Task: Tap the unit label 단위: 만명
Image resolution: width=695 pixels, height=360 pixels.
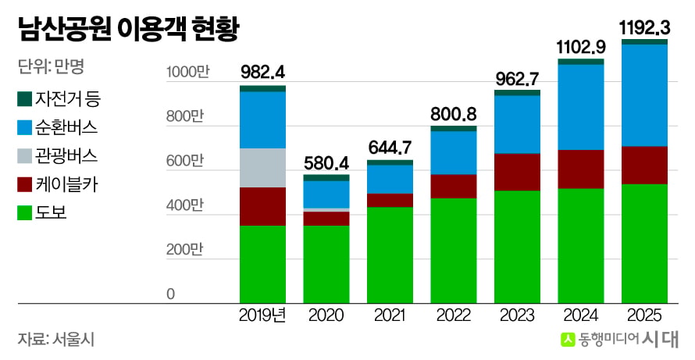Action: click(x=51, y=66)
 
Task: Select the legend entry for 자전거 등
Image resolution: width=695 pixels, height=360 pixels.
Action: click(x=59, y=98)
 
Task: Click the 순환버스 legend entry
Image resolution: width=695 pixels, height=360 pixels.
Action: click(x=57, y=127)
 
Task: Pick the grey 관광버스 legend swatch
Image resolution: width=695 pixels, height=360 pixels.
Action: click(x=24, y=156)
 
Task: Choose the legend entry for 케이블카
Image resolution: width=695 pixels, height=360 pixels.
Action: click(x=57, y=184)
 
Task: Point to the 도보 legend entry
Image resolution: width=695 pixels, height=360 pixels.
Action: click(x=42, y=213)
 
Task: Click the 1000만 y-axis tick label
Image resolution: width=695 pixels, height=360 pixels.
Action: click(x=187, y=72)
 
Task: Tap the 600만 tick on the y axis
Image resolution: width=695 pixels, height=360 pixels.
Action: click(x=185, y=161)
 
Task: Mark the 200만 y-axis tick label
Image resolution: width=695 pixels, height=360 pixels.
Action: click(x=185, y=250)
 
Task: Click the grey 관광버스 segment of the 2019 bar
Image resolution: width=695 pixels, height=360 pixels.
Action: click(x=263, y=168)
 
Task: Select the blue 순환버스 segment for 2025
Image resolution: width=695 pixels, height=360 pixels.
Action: click(x=644, y=95)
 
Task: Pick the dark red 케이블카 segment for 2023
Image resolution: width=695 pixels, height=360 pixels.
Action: click(x=517, y=172)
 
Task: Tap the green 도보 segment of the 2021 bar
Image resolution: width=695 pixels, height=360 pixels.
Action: click(x=390, y=255)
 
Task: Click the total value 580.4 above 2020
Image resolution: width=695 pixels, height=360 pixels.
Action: click(x=326, y=163)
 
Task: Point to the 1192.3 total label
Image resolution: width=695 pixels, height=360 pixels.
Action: click(x=644, y=28)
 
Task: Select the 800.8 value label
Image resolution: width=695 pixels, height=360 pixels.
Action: click(x=454, y=114)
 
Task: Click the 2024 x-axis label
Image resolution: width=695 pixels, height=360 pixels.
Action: click(x=581, y=315)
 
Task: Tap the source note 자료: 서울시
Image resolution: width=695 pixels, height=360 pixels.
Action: click(x=56, y=340)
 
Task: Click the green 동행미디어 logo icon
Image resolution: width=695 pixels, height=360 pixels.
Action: click(x=568, y=340)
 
